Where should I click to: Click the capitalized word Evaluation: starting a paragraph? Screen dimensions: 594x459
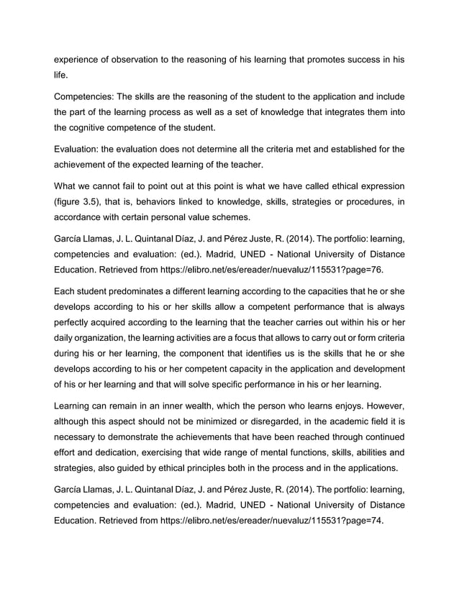81,149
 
